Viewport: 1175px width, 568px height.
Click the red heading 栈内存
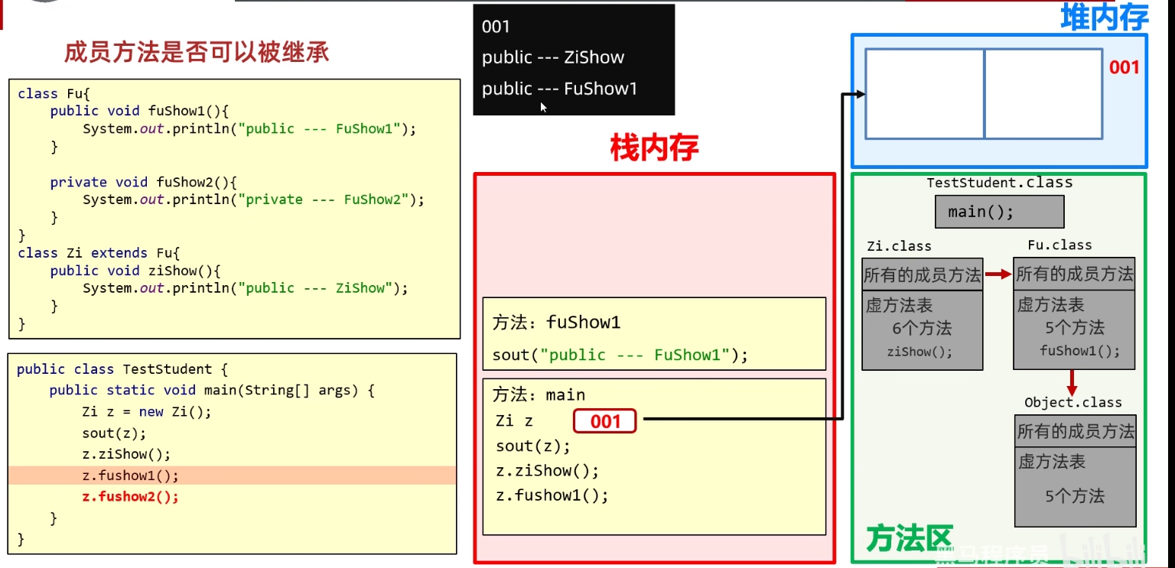(x=654, y=148)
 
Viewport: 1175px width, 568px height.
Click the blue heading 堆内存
(x=1104, y=18)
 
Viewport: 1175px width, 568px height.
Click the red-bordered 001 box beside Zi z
(x=604, y=421)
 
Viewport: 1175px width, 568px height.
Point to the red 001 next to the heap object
(x=1124, y=67)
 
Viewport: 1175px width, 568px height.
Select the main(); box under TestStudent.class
(x=999, y=212)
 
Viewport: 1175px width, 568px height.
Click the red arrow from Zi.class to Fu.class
(x=998, y=274)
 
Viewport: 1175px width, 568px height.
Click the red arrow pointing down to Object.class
(x=1072, y=381)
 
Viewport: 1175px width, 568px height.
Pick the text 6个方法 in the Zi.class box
(x=921, y=329)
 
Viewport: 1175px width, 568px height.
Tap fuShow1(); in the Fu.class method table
(x=1079, y=351)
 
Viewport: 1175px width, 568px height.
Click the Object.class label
(x=1073, y=403)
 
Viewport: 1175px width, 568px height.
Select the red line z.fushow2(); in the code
(x=130, y=497)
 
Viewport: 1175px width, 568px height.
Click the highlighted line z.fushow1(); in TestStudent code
(x=130, y=475)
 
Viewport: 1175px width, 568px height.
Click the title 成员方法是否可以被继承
(x=197, y=52)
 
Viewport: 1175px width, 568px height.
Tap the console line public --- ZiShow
(x=552, y=57)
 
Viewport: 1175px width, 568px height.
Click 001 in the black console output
(x=496, y=27)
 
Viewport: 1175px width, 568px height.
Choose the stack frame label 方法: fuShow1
(x=556, y=323)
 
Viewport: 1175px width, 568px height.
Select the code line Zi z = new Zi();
(x=146, y=411)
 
